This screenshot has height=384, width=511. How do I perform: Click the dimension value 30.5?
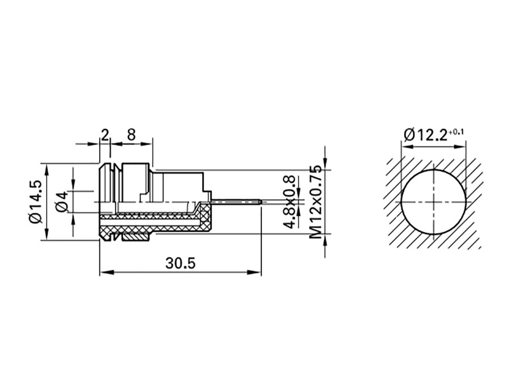[x=181, y=263]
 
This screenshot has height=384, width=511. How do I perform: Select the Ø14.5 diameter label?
[x=35, y=202]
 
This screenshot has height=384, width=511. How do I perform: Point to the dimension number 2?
[x=104, y=135]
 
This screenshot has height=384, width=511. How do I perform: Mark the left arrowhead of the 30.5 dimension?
[x=103, y=273]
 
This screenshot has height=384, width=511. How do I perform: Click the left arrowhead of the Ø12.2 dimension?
[x=405, y=146]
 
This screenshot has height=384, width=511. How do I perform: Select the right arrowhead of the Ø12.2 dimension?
[x=464, y=146]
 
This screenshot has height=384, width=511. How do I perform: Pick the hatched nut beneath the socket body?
[x=133, y=234]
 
